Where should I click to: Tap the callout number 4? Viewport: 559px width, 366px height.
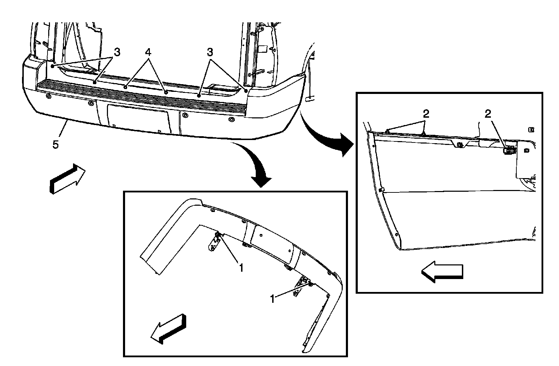coord(148,53)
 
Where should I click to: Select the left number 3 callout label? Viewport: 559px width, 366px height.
coord(117,52)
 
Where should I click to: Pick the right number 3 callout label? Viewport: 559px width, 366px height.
coord(209,53)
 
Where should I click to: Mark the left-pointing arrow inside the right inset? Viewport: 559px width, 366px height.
coord(442,272)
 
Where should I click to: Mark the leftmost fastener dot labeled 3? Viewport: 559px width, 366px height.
coord(52,65)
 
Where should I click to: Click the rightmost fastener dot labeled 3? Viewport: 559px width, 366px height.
coord(246,90)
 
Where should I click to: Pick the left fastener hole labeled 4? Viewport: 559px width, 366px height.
coord(125,86)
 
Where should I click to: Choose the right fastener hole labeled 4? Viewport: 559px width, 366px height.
coord(166,92)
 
